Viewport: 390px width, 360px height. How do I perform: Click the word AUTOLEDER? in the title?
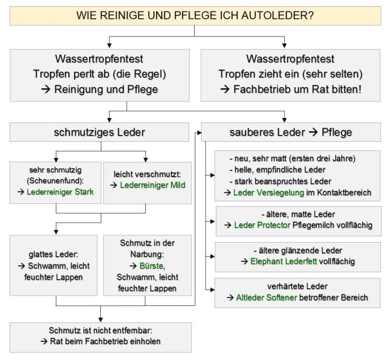pyautogui.click(x=277, y=15)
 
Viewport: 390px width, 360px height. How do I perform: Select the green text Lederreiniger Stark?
pyautogui.click(x=60, y=192)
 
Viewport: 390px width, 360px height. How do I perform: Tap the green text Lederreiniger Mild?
pyautogui.click(x=153, y=185)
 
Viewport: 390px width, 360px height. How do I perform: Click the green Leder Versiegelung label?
pyautogui.click(x=269, y=193)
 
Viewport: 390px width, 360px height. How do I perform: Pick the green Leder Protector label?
pyautogui.click(x=262, y=225)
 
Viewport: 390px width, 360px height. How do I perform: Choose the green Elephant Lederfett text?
pyautogui.click(x=284, y=261)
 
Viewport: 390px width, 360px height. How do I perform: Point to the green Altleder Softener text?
pyautogui.click(x=266, y=297)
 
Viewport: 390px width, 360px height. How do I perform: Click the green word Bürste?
pyautogui.click(x=152, y=265)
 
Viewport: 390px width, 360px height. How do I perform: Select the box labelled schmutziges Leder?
pyautogui.click(x=99, y=132)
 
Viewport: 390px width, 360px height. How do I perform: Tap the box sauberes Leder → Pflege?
pyautogui.click(x=291, y=132)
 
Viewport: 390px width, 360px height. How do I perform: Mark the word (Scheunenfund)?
pyautogui.click(x=55, y=181)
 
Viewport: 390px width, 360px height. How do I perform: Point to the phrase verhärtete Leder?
pyautogui.click(x=297, y=287)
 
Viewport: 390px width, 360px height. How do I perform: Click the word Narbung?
pyautogui.click(x=147, y=254)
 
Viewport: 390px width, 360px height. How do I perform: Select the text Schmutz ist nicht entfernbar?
pyautogui.click(x=100, y=330)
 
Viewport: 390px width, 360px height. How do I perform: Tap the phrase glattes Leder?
pyautogui.click(x=54, y=254)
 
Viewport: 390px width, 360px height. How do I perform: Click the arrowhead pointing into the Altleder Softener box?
pyautogui.click(x=212, y=289)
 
